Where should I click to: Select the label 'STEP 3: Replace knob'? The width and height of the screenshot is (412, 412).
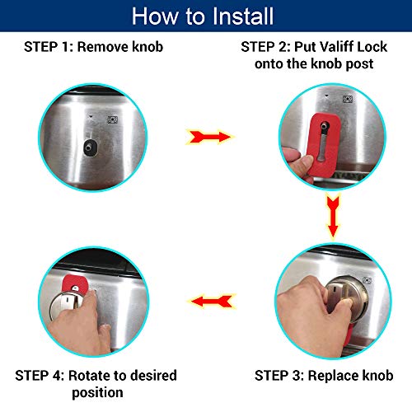tap(323, 376)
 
